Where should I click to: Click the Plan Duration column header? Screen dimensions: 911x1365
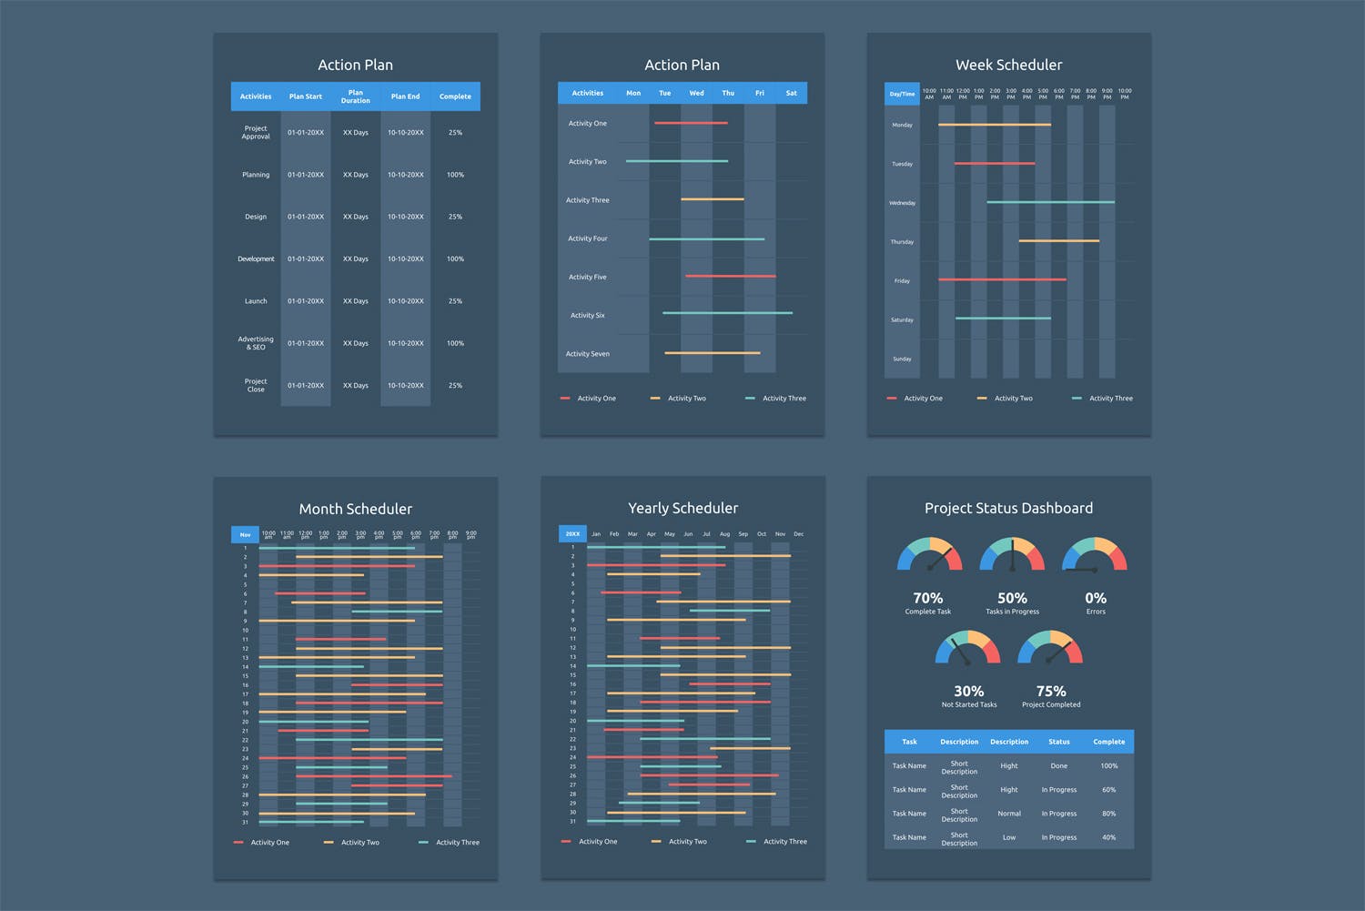[355, 96]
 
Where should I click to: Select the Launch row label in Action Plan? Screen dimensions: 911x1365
[256, 301]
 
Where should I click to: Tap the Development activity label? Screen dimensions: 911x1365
[256, 259]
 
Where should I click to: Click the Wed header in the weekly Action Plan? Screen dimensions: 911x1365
[696, 93]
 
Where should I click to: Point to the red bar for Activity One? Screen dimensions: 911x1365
[691, 123]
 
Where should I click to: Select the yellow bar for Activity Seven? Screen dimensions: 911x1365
[712, 353]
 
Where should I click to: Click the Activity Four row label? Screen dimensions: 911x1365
[587, 238]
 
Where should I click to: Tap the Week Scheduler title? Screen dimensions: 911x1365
[1008, 66]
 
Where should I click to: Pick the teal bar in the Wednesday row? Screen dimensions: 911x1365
[1050, 202]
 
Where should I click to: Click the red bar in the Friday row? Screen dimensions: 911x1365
[1002, 279]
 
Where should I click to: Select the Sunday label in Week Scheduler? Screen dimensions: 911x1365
[902, 359]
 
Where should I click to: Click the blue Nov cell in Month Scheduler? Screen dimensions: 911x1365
[245, 535]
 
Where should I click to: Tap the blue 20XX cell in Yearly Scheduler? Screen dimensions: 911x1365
[572, 534]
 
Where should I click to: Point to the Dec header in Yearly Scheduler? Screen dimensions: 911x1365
[798, 534]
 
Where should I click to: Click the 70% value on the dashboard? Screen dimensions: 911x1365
[927, 598]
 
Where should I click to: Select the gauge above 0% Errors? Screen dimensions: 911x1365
[1095, 555]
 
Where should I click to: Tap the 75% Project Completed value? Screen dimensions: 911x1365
[1051, 692]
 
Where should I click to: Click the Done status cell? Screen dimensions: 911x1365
[1059, 766]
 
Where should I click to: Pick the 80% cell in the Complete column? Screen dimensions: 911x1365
[1108, 814]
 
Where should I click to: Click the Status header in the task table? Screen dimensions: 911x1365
[1059, 742]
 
